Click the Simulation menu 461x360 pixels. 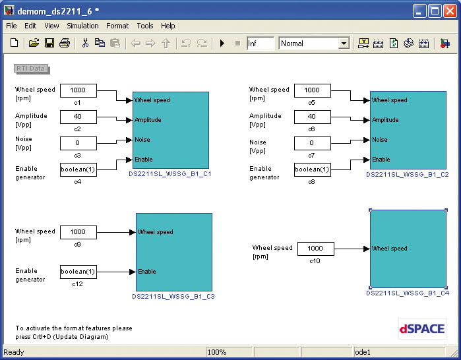coord(82,26)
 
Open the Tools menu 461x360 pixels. coord(145,26)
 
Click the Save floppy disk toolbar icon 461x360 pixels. coord(49,44)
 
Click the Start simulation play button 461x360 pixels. coord(222,44)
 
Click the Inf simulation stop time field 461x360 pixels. coord(261,44)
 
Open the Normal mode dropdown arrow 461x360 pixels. coord(344,44)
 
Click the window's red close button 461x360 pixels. coord(450,11)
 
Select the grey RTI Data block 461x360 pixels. coord(32,69)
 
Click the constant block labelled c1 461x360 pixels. coord(78,90)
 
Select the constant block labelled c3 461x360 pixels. coord(78,143)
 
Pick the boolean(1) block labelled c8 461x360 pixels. coord(312,169)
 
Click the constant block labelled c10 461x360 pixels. coord(316,249)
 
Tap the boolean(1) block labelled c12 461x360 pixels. coord(78,272)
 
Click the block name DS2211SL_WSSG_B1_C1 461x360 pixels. coord(170,173)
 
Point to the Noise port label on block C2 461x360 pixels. coord(380,140)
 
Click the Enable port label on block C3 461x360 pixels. coord(146,271)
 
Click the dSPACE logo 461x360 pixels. coord(423,328)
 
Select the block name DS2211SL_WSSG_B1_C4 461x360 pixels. coord(408,293)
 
